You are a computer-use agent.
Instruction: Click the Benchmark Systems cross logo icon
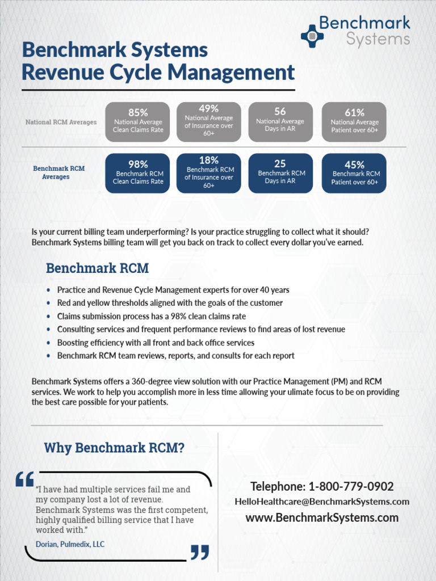pyautogui.click(x=312, y=36)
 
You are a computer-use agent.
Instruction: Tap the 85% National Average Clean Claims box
pyautogui.click(x=137, y=121)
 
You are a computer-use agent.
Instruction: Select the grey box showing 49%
pyautogui.click(x=209, y=121)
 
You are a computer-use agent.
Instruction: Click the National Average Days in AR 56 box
pyautogui.click(x=280, y=121)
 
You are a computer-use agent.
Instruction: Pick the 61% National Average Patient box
pyautogui.click(x=354, y=121)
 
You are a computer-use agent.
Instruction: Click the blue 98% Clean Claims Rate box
pyautogui.click(x=137, y=173)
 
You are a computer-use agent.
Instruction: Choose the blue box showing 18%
pyautogui.click(x=209, y=173)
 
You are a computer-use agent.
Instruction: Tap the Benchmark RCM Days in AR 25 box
pyautogui.click(x=280, y=173)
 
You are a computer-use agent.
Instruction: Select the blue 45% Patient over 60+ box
pyautogui.click(x=354, y=173)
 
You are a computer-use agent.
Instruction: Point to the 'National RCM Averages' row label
pyautogui.click(x=61, y=122)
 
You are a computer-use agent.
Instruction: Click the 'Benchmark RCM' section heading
pyautogui.click(x=97, y=268)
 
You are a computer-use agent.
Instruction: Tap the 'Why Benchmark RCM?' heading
pyautogui.click(x=114, y=448)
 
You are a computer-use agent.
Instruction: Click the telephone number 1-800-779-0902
pyautogui.click(x=322, y=486)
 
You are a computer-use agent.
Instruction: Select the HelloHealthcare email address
pyautogui.click(x=322, y=502)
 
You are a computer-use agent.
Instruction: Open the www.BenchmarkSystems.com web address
pyautogui.click(x=322, y=517)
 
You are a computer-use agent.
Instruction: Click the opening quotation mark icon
pyautogui.click(x=25, y=479)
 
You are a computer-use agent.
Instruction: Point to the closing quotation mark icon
pyautogui.click(x=200, y=552)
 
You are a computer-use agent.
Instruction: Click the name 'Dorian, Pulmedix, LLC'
pyautogui.click(x=70, y=544)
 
